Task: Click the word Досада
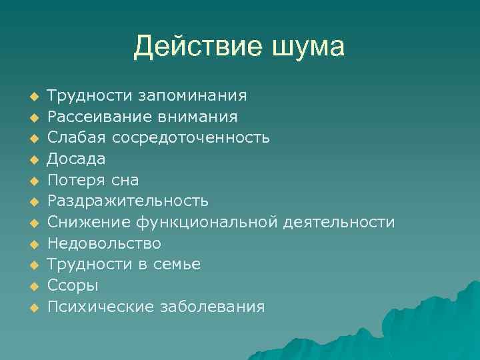click(x=77, y=159)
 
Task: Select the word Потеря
click(x=75, y=180)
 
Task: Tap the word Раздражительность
click(x=128, y=201)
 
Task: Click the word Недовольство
click(x=104, y=243)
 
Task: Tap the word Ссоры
click(x=73, y=286)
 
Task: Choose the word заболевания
click(x=212, y=307)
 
